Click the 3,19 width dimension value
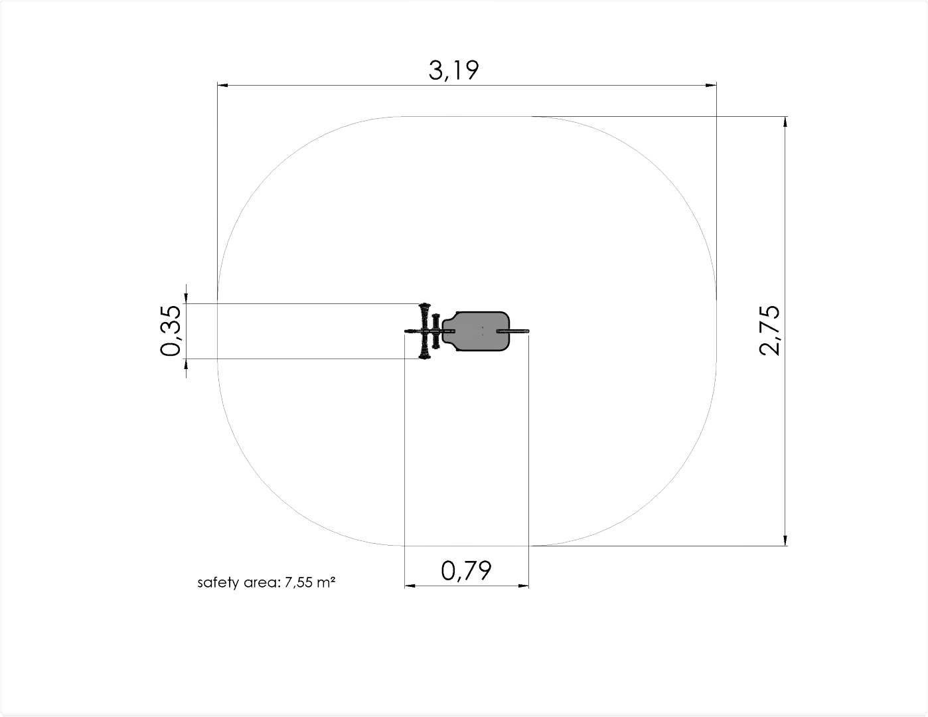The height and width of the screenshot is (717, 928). point(453,70)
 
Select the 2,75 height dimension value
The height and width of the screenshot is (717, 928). point(769,331)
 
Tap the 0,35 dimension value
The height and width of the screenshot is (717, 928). point(171,331)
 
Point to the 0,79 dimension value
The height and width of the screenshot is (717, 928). point(466,571)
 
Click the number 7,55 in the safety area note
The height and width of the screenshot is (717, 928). point(298,582)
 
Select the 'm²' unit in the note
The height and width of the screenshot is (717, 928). point(326,582)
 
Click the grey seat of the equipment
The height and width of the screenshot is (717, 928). point(476,331)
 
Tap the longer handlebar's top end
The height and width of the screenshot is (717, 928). point(424,305)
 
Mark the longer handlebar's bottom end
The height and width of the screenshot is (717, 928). point(424,357)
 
